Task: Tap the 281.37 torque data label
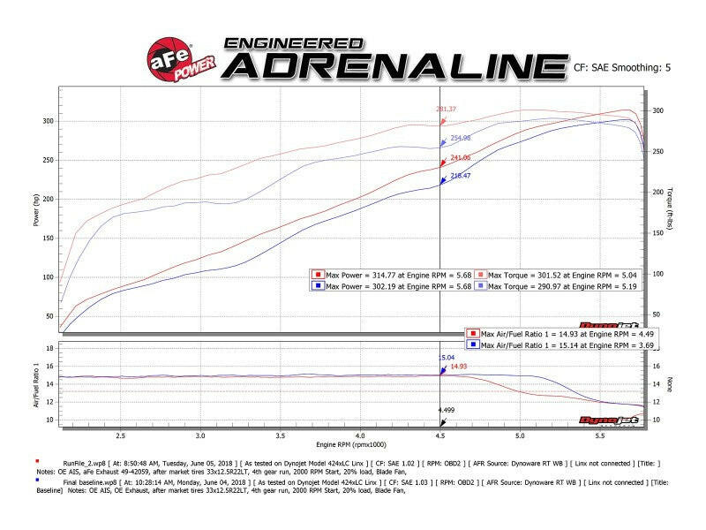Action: click(x=447, y=110)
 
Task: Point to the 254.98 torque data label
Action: click(x=461, y=138)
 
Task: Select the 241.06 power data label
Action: click(x=461, y=158)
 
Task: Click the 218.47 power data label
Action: click(x=461, y=177)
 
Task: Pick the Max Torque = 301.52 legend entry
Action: click(x=556, y=275)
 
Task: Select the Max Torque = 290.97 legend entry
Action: click(x=556, y=285)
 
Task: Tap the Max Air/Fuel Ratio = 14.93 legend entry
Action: click(x=553, y=334)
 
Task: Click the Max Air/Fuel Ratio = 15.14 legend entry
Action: click(x=553, y=345)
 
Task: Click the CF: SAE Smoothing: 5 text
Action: click(x=621, y=66)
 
